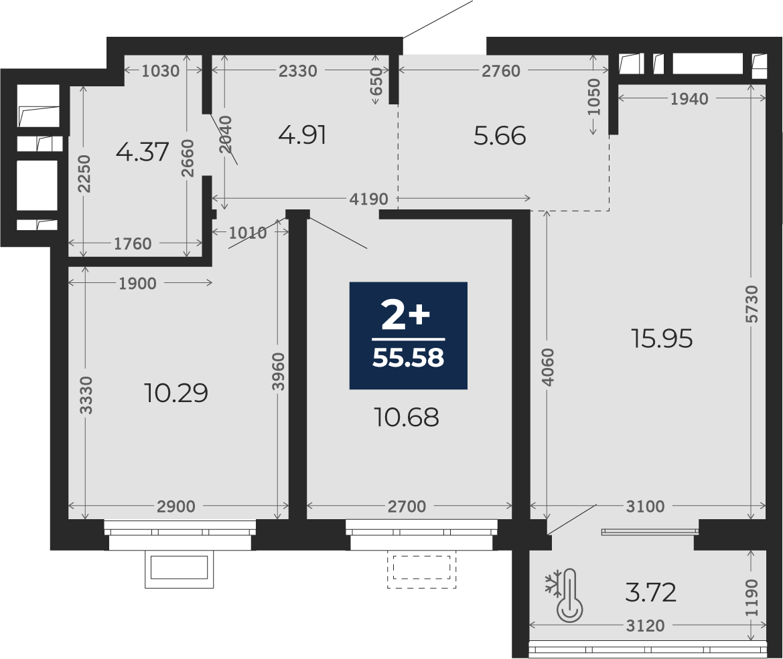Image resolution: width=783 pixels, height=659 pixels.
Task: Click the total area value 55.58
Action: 408,358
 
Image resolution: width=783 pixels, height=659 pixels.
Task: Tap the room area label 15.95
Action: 662,339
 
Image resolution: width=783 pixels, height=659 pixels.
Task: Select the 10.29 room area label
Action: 175,393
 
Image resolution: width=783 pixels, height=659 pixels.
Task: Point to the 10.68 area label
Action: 407,417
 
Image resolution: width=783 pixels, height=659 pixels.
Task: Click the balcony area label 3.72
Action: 650,593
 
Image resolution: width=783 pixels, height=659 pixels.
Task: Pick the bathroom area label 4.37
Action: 142,152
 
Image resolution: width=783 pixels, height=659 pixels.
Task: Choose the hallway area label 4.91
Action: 303,135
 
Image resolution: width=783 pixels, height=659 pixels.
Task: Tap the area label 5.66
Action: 500,136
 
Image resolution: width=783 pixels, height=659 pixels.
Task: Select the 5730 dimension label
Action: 752,304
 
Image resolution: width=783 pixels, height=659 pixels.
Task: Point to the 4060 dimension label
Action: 548,367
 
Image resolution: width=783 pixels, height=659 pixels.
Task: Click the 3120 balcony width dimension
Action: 645,626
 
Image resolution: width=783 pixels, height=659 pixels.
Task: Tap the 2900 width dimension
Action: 175,506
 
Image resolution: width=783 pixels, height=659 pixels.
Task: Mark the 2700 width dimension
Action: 407,506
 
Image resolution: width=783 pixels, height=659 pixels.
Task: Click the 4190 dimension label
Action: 368,199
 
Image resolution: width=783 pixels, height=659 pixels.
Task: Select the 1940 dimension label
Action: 689,99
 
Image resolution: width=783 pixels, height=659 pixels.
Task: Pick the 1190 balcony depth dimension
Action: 752,597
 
